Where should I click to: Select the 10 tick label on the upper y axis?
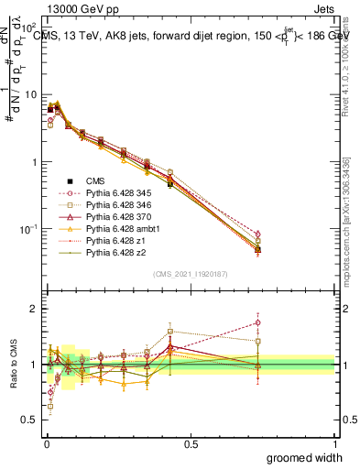point(29,94)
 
